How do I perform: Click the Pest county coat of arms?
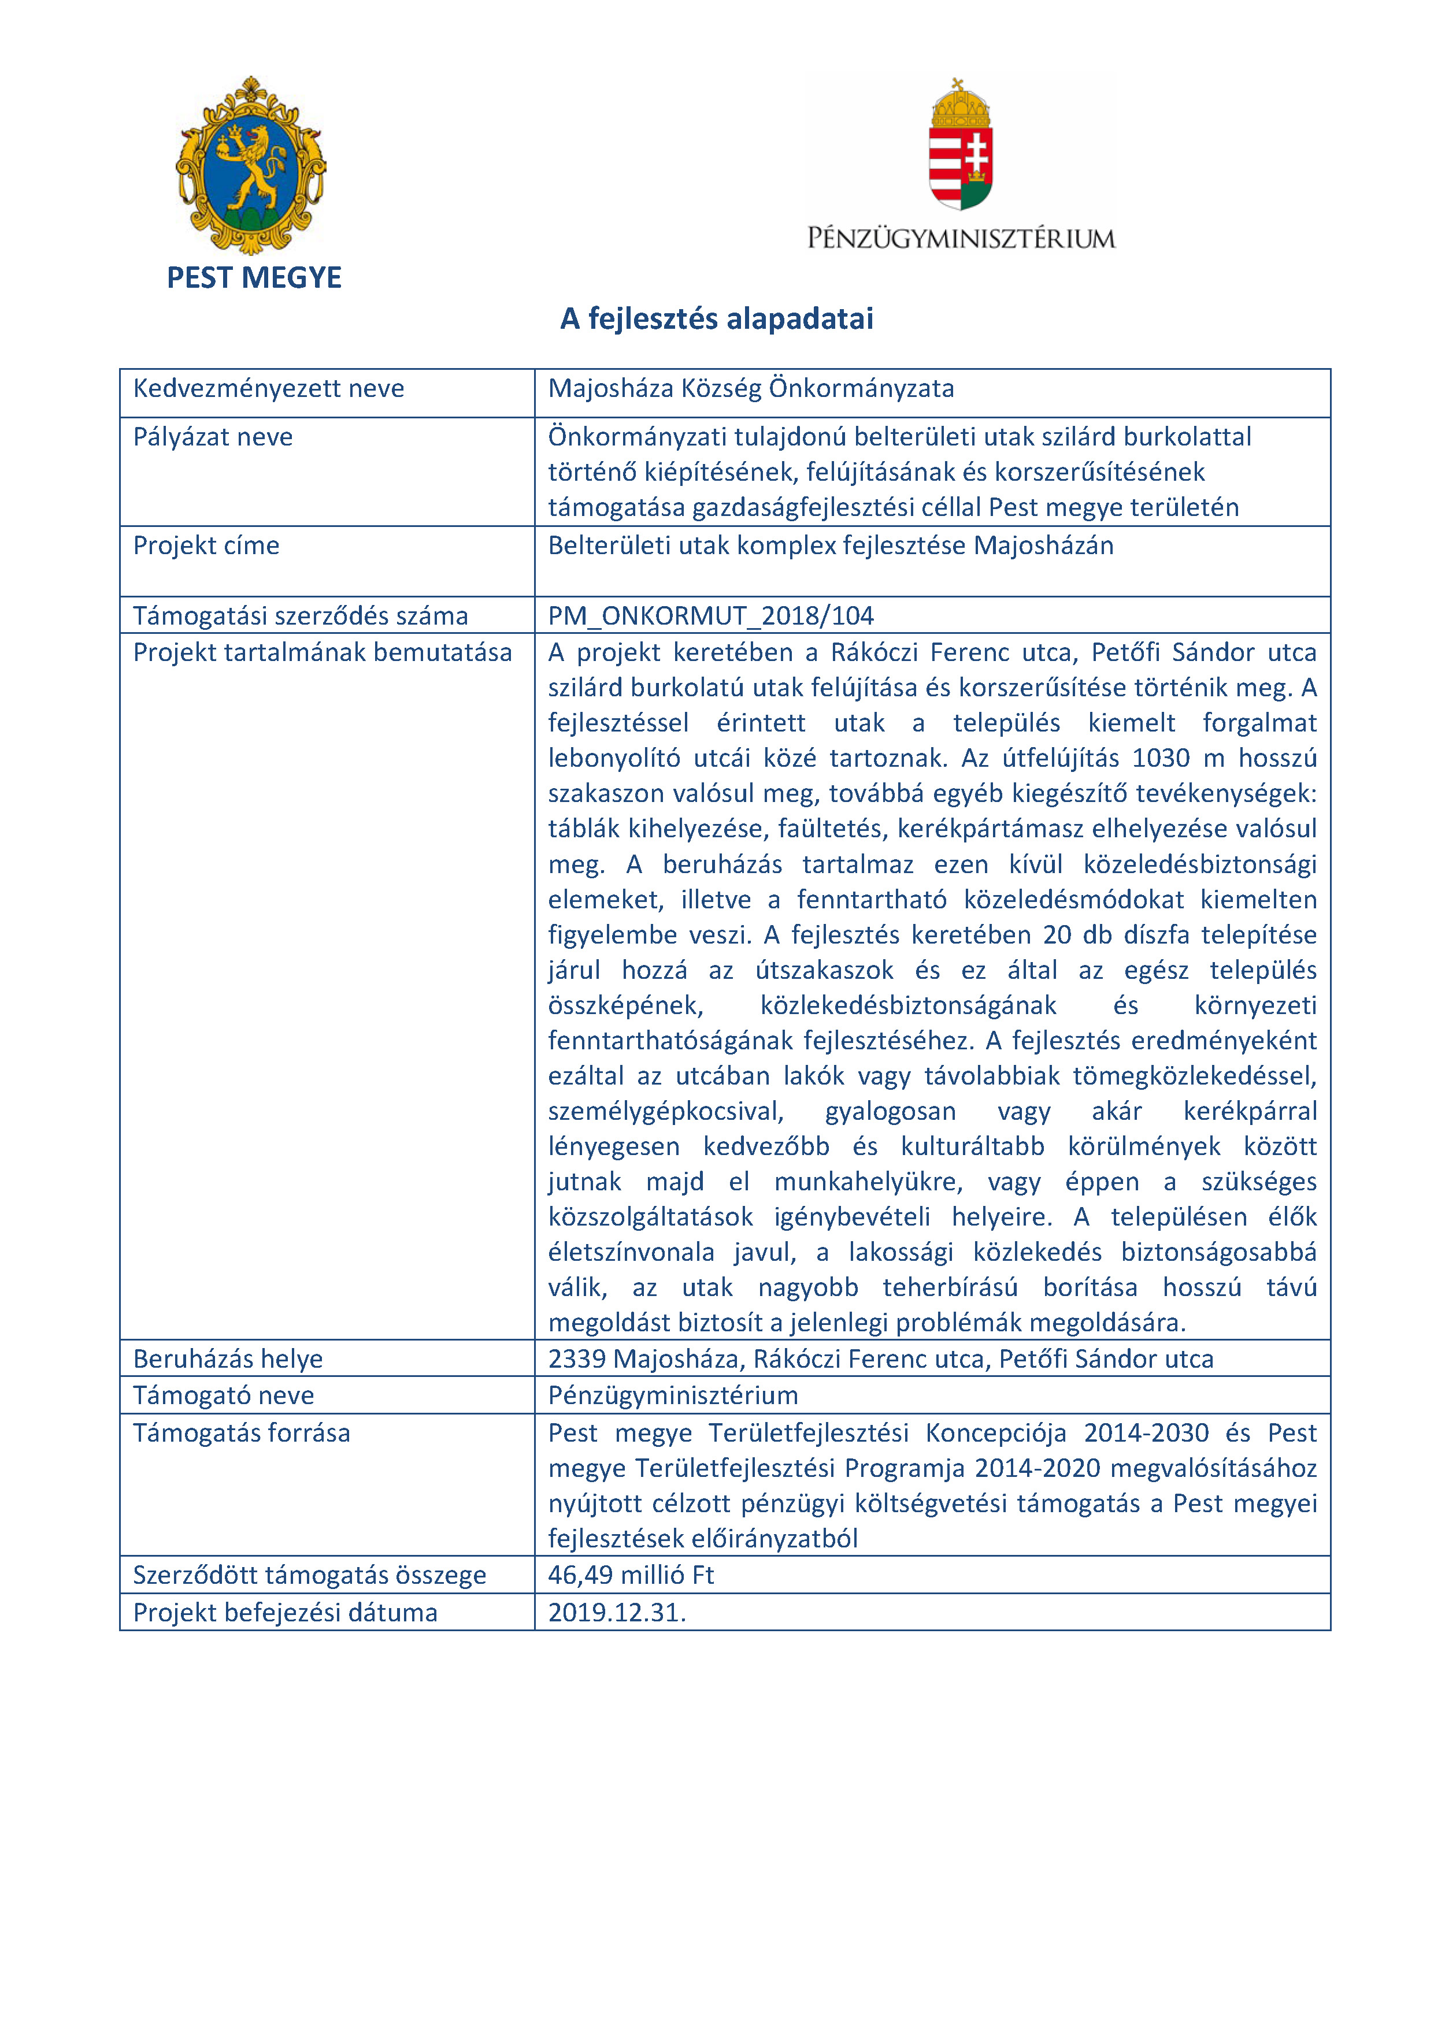pyautogui.click(x=251, y=165)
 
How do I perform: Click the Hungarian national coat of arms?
pyautogui.click(x=961, y=146)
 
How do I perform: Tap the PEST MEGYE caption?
pyautogui.click(x=254, y=278)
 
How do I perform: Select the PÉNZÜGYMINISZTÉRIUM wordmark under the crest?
pyautogui.click(x=961, y=239)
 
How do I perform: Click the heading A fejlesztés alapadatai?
pyautogui.click(x=716, y=319)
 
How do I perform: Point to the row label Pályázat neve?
pyautogui.click(x=213, y=437)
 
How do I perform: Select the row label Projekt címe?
pyautogui.click(x=206, y=545)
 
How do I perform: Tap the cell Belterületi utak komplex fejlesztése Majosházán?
pyautogui.click(x=830, y=545)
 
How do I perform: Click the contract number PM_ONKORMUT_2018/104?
pyautogui.click(x=711, y=615)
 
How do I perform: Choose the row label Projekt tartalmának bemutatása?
pyautogui.click(x=323, y=652)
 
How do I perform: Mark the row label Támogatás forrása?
pyautogui.click(x=241, y=1433)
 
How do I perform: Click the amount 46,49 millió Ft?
pyautogui.click(x=631, y=1575)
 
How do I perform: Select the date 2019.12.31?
pyautogui.click(x=616, y=1613)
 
